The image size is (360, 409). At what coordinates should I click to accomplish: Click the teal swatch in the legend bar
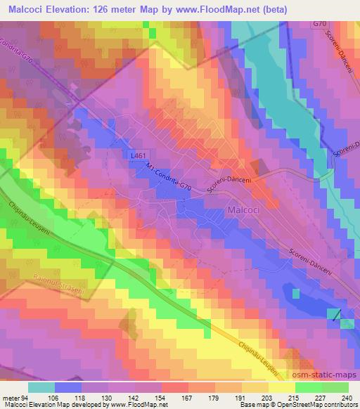click(41, 387)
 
